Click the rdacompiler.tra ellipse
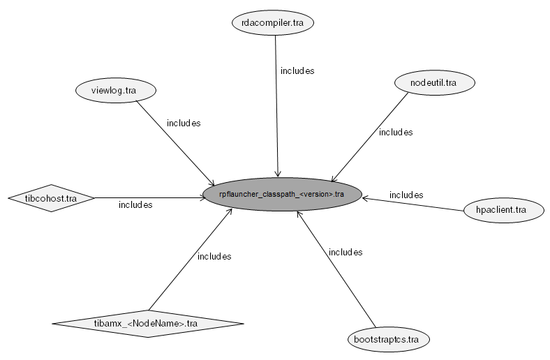point(273,23)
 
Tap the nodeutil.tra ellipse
point(434,82)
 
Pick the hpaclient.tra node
point(505,209)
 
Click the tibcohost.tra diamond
point(51,198)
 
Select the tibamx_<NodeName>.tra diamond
point(148,323)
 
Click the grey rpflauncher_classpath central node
point(282,195)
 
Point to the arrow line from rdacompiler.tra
point(277,105)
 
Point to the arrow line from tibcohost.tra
point(147,197)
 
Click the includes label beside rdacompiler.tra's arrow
point(297,71)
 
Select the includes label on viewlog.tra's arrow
point(184,123)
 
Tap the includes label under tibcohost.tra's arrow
point(135,205)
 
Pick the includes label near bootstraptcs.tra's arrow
point(345,252)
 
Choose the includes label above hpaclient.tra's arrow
point(406,195)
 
